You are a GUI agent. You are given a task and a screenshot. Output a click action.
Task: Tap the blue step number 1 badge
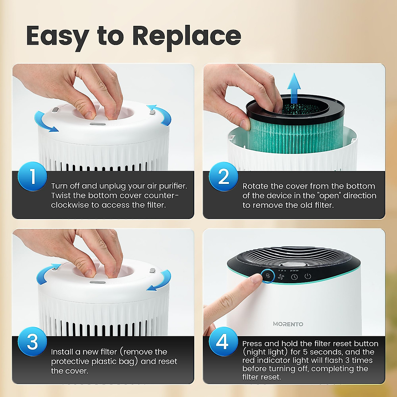coord(32,176)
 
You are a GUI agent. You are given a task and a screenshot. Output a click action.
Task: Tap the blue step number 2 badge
coord(223,177)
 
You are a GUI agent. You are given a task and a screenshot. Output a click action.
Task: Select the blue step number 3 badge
coord(32,341)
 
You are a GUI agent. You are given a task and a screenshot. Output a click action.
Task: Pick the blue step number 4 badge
coord(223,341)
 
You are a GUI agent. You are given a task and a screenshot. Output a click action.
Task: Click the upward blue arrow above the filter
coord(294,85)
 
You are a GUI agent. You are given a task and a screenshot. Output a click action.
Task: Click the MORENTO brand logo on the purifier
coord(288,324)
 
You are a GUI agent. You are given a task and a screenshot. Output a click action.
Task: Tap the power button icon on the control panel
coord(308,276)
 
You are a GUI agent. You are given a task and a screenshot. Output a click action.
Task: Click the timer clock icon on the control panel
coord(294,277)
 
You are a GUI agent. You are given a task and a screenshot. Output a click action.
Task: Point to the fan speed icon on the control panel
coord(281,277)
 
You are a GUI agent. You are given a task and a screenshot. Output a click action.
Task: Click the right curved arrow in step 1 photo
coord(160,114)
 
